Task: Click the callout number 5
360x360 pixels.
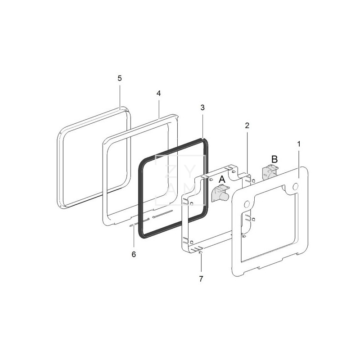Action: pos(120,78)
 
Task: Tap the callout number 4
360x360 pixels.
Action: pos(159,94)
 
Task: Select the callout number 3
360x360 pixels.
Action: pos(202,108)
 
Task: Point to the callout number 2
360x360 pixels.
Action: pos(247,126)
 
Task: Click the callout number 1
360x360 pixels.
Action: pos(299,144)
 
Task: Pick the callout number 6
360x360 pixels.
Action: pos(134,254)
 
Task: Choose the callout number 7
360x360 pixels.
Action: pos(201,279)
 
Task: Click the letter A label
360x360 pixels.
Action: pos(222,179)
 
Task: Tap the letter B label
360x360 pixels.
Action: pos(274,159)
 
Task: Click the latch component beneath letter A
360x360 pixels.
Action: pos(220,193)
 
